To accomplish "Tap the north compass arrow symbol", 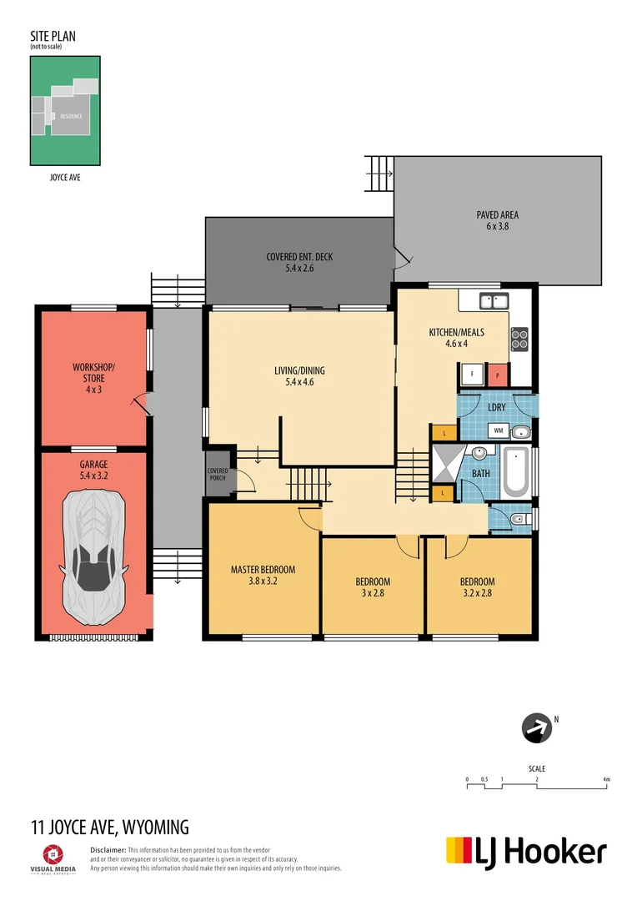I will (x=537, y=727).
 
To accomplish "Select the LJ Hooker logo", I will (x=526, y=852).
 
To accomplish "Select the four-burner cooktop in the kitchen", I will (x=519, y=339).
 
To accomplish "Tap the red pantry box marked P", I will (x=497, y=376).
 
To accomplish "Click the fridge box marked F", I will (x=473, y=376).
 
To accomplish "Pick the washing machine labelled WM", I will (x=499, y=430).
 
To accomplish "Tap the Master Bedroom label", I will (x=263, y=576).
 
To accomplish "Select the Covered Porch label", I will (x=218, y=475).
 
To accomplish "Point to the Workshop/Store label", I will (x=93, y=378).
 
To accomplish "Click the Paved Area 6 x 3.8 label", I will (x=498, y=220).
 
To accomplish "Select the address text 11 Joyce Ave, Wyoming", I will (x=109, y=828).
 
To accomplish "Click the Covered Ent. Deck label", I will (x=298, y=262).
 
